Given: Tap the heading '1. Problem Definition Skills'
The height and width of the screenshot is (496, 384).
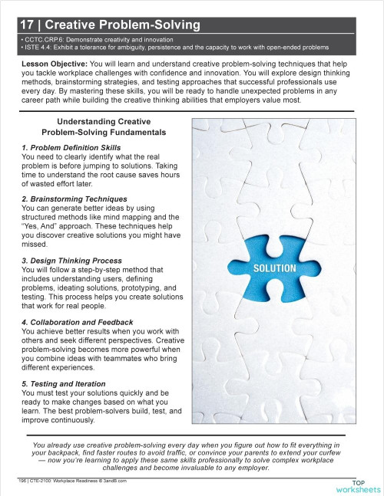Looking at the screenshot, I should pyautogui.click(x=60, y=146).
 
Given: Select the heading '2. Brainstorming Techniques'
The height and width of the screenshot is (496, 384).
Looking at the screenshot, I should pyautogui.click(x=62, y=198).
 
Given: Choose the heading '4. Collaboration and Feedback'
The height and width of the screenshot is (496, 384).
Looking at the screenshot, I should pyautogui.click(x=68, y=322).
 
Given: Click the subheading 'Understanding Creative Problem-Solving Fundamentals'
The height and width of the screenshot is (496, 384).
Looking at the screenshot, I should pyautogui.click(x=102, y=127).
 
